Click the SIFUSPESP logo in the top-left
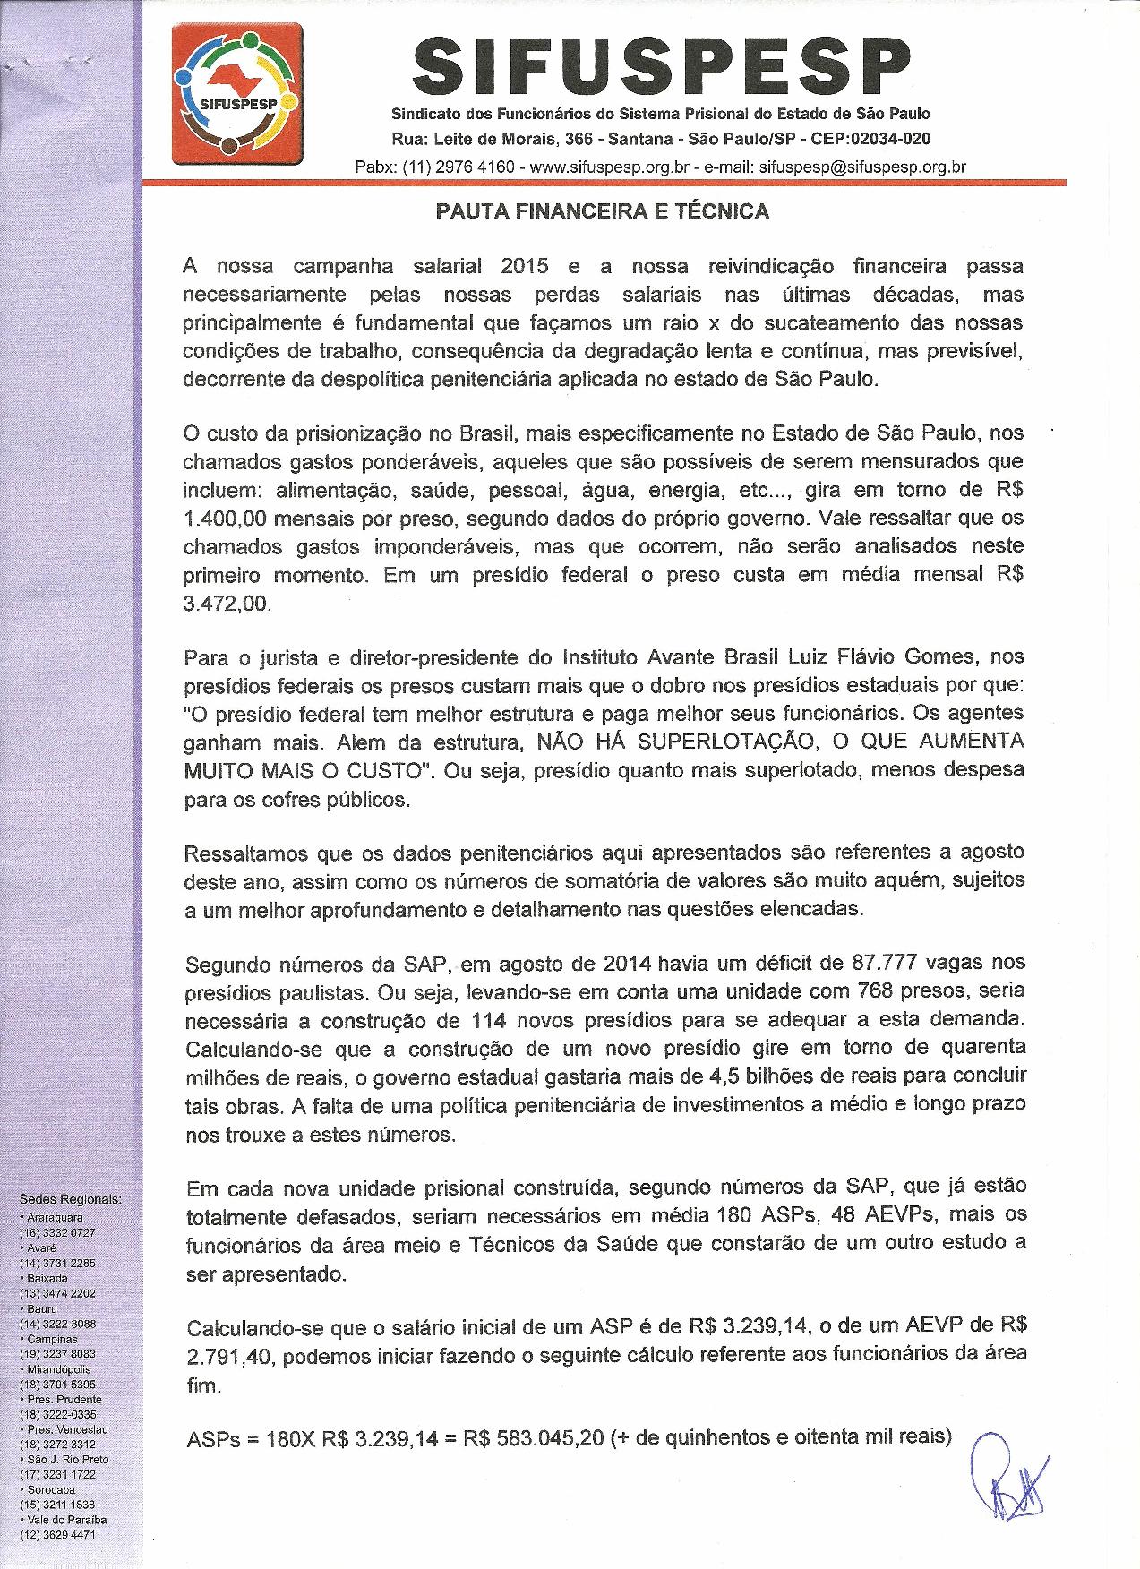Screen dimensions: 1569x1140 pyautogui.click(x=237, y=94)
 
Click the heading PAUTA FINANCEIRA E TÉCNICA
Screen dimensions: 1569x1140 pyautogui.click(x=602, y=211)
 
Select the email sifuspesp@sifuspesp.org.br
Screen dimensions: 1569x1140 pyautogui.click(x=862, y=167)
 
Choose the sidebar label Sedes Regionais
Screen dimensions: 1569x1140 pyautogui.click(x=71, y=1199)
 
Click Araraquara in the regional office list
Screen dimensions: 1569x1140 pyautogui.click(x=56, y=1218)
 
